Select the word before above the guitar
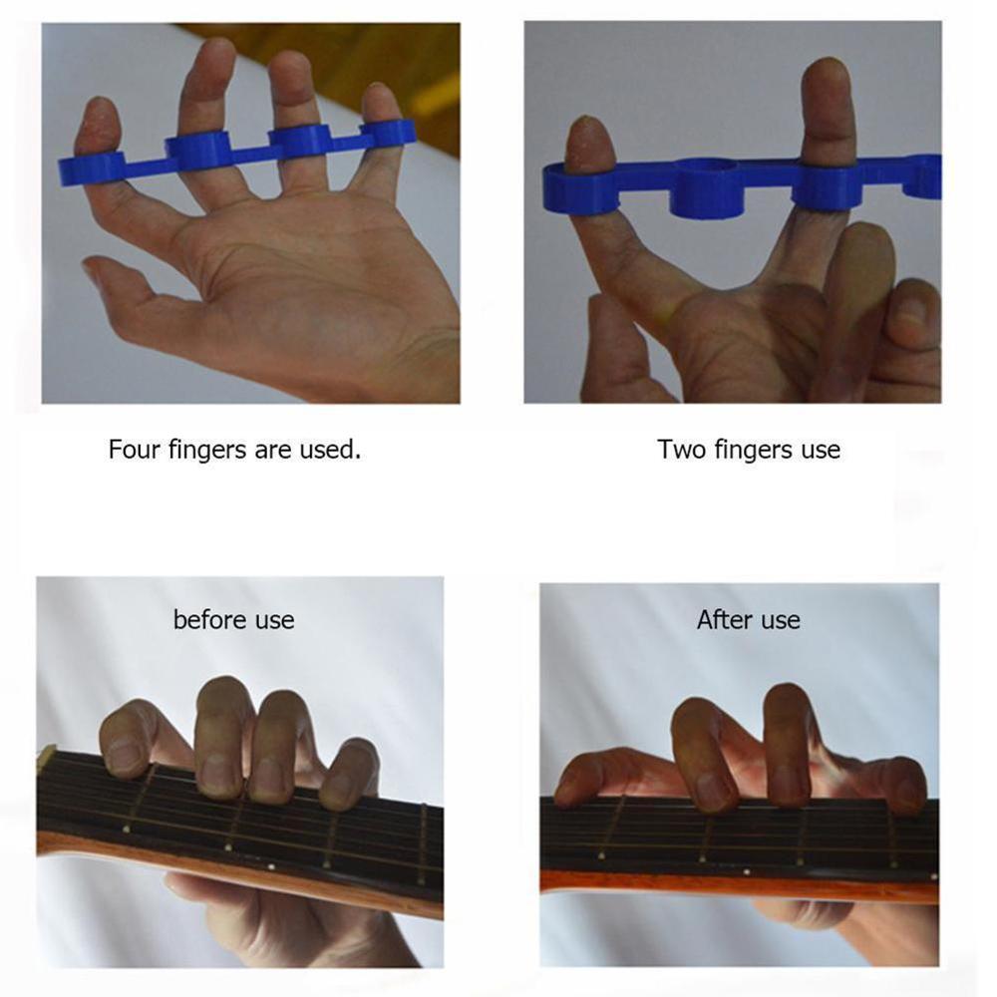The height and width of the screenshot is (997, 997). [208, 620]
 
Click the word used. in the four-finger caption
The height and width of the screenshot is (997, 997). [330, 450]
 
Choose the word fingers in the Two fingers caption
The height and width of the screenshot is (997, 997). [755, 450]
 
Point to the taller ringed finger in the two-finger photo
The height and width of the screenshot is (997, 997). [828, 110]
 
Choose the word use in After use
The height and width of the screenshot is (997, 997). [779, 620]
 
